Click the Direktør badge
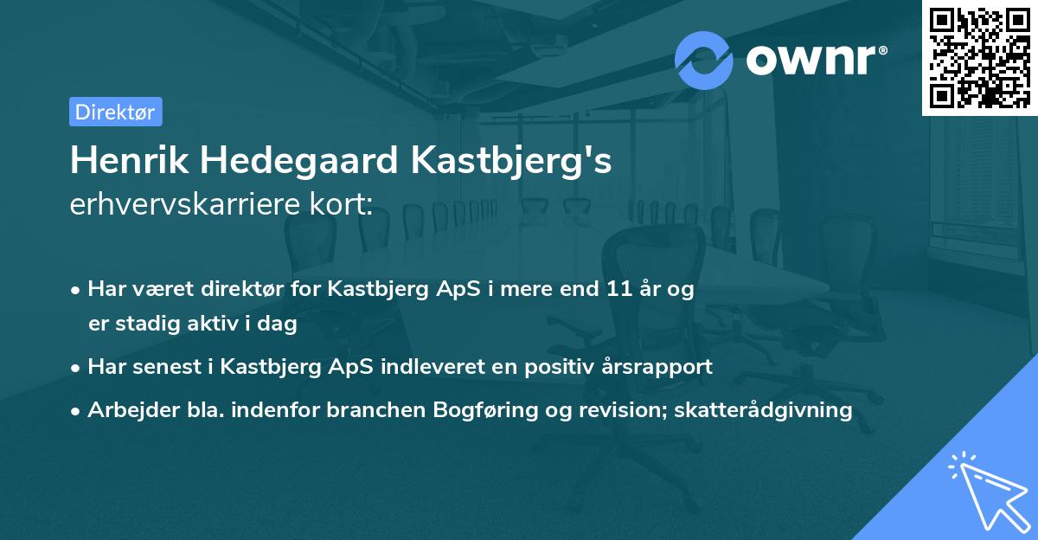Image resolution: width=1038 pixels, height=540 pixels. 115,112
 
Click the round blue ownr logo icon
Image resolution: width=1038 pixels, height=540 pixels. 704,61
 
